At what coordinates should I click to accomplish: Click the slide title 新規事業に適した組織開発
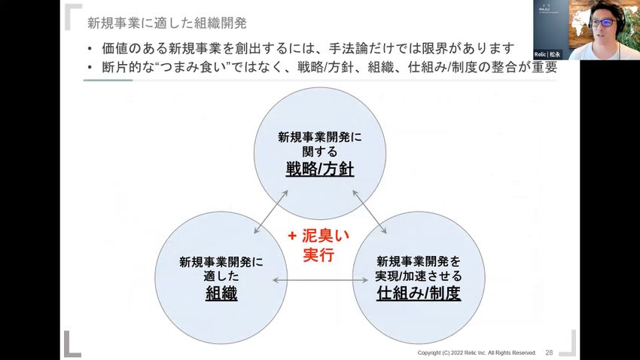click(x=166, y=23)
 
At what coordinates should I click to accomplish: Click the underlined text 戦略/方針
click(x=319, y=169)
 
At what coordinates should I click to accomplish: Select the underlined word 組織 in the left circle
click(x=221, y=293)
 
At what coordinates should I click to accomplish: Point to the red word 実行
click(x=318, y=255)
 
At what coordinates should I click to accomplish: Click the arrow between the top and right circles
click(x=369, y=213)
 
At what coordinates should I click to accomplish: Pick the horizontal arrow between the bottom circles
click(x=320, y=281)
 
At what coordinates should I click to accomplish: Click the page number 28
click(x=549, y=352)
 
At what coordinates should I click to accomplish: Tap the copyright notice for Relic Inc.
click(x=477, y=352)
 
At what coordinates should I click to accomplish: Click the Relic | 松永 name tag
click(x=547, y=54)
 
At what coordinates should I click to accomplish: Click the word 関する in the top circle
click(x=319, y=151)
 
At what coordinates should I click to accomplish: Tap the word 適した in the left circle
click(x=221, y=276)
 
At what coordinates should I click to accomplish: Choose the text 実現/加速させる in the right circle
click(x=419, y=276)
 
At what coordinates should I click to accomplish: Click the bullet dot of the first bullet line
click(x=90, y=49)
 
